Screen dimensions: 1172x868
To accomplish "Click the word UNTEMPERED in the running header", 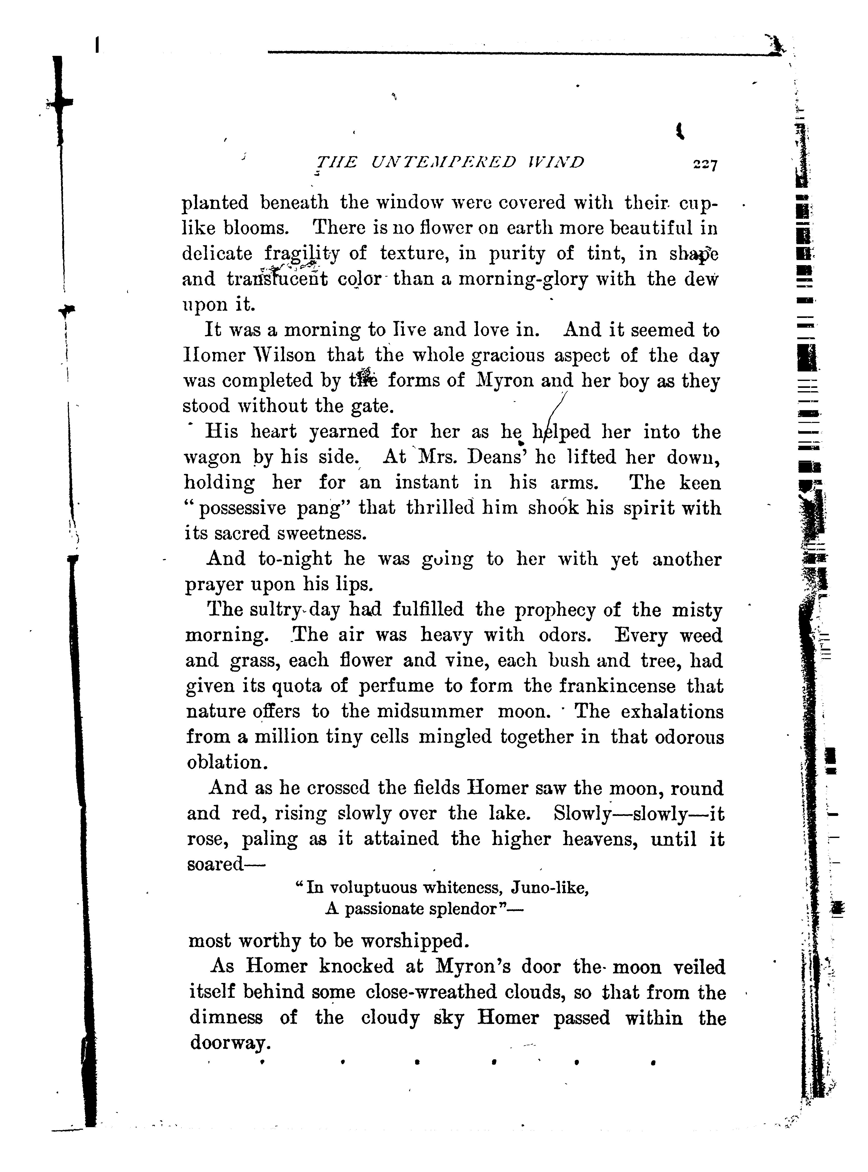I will tap(443, 162).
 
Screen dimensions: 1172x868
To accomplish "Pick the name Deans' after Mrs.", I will tap(497, 457).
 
